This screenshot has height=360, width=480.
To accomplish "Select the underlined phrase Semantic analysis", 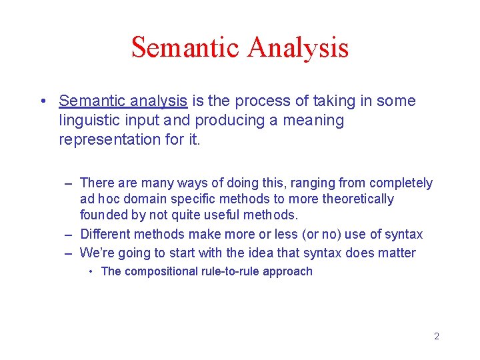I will (123, 101).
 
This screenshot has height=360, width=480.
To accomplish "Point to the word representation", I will (110, 140).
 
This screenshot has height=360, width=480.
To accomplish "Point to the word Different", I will (105, 234).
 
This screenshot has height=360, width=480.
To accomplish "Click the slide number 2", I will (437, 336).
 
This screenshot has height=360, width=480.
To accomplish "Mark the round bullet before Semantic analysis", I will (42, 102).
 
